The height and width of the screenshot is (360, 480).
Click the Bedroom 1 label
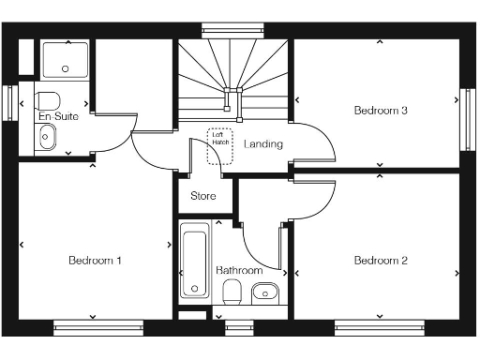[95, 260]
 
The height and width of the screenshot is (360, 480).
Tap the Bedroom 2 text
[381, 260]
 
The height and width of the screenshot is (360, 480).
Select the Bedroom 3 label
[380, 111]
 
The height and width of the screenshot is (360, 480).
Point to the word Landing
[263, 144]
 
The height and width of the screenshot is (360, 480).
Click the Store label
[203, 197]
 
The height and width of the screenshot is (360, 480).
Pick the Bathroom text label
[239, 270]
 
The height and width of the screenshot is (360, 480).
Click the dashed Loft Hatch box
[219, 146]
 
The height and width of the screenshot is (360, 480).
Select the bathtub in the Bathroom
[195, 260]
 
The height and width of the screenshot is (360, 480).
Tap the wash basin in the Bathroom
[266, 292]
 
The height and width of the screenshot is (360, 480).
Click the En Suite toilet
[49, 99]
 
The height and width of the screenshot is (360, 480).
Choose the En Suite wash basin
[47, 139]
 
